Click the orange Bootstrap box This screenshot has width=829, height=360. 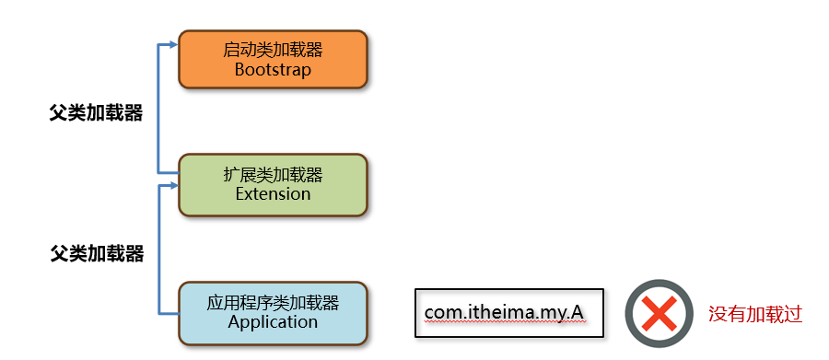click(x=273, y=59)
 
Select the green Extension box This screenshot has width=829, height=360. click(x=273, y=185)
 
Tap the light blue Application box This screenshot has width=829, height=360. click(x=273, y=313)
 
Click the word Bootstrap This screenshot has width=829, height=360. click(x=273, y=70)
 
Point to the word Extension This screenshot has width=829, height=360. click(x=273, y=193)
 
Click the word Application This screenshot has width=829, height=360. click(x=273, y=322)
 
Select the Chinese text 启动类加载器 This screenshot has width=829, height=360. click(x=273, y=51)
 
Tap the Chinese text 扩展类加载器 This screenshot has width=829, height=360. click(x=273, y=175)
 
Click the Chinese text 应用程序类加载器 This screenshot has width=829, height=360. click(x=273, y=303)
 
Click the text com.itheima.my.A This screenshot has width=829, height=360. click(x=504, y=313)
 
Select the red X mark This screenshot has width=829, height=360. click(x=659, y=313)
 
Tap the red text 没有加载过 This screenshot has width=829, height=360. click(x=755, y=315)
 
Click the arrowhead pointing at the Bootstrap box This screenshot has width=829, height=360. click(x=172, y=45)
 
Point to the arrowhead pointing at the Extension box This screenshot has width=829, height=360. click(x=172, y=186)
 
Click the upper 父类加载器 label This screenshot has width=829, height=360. click(x=96, y=113)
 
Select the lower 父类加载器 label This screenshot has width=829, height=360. click(x=98, y=254)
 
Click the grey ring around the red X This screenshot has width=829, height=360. click(x=659, y=284)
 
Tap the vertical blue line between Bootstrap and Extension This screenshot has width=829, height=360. click(x=158, y=109)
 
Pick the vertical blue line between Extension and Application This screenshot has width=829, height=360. click(x=158, y=250)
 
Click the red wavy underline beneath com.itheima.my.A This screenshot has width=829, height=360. click(x=504, y=323)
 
